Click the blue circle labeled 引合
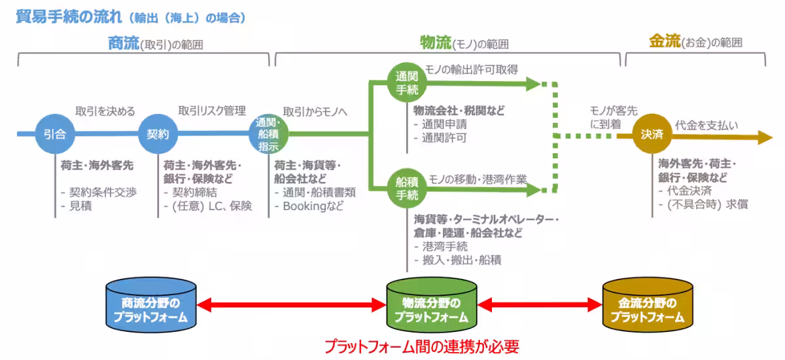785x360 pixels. [55, 134]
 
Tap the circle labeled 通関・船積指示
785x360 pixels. [268, 134]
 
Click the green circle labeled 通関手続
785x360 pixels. [407, 83]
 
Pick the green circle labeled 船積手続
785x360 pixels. [407, 187]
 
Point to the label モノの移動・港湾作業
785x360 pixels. [478, 178]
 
